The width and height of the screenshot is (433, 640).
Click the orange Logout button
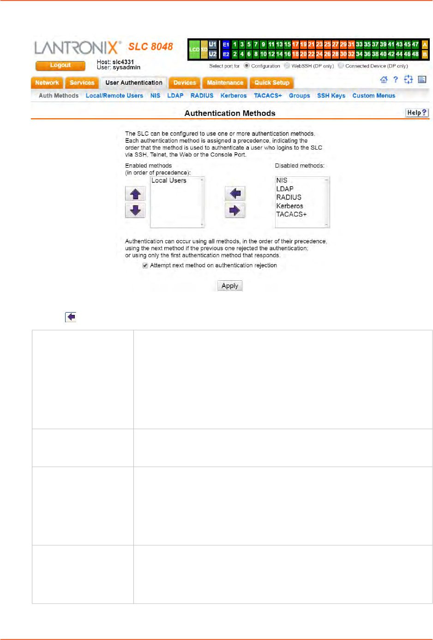[60, 66]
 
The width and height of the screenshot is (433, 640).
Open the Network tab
[47, 83]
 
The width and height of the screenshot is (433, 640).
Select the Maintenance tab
[225, 83]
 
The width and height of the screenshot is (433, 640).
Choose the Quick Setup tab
[272, 83]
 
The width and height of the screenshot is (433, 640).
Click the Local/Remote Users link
[114, 96]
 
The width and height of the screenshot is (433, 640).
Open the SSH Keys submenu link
[331, 96]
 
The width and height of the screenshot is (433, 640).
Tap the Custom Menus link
[373, 96]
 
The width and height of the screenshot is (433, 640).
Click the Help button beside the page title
[417, 113]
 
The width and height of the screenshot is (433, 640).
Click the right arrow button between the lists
[235, 211]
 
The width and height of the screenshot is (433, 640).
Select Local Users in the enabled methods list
[169, 181]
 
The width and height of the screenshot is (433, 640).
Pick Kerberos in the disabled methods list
[289, 206]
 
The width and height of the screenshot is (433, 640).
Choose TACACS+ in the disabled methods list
[291, 214]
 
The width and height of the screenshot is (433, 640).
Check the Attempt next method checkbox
[145, 266]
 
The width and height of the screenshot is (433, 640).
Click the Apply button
[229, 286]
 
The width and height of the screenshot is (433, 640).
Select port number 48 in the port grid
[415, 54]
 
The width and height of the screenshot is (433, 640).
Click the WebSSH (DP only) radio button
[287, 66]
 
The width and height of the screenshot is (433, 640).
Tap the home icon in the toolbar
[384, 80]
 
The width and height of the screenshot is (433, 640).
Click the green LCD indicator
[194, 49]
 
